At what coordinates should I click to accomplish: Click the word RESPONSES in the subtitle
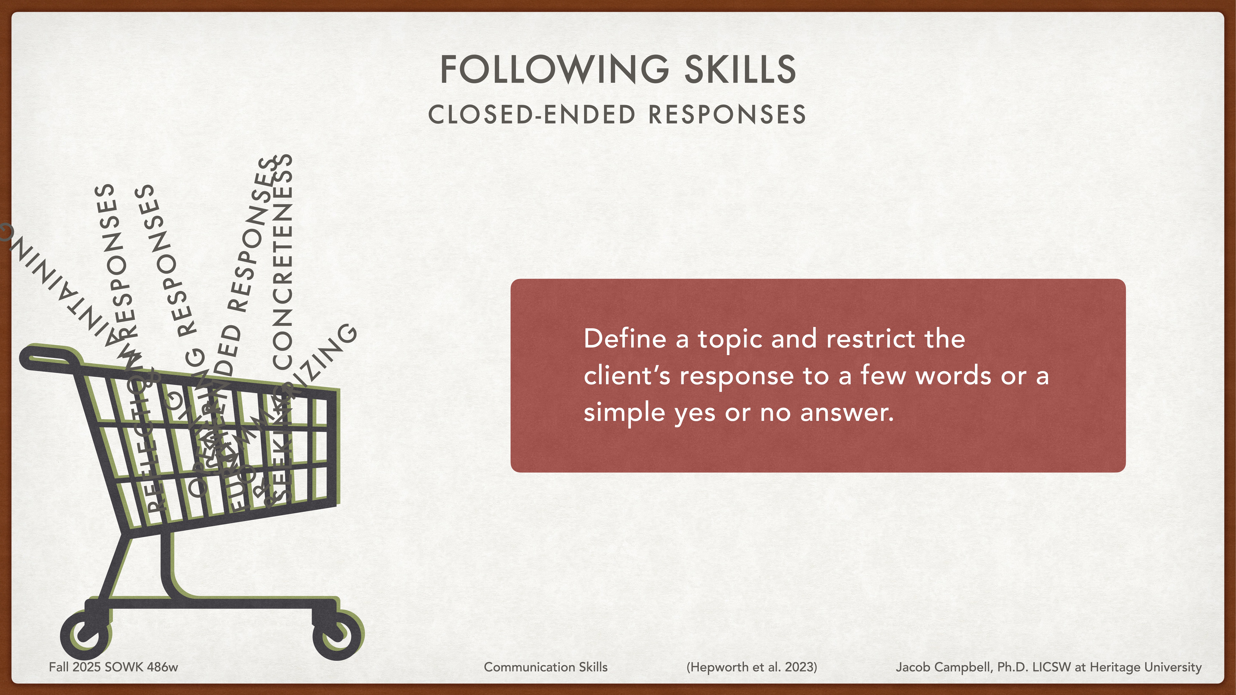pos(727,115)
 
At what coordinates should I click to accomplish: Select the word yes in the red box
pos(695,413)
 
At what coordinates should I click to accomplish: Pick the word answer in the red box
pos(847,413)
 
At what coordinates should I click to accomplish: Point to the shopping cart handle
pos(48,357)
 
